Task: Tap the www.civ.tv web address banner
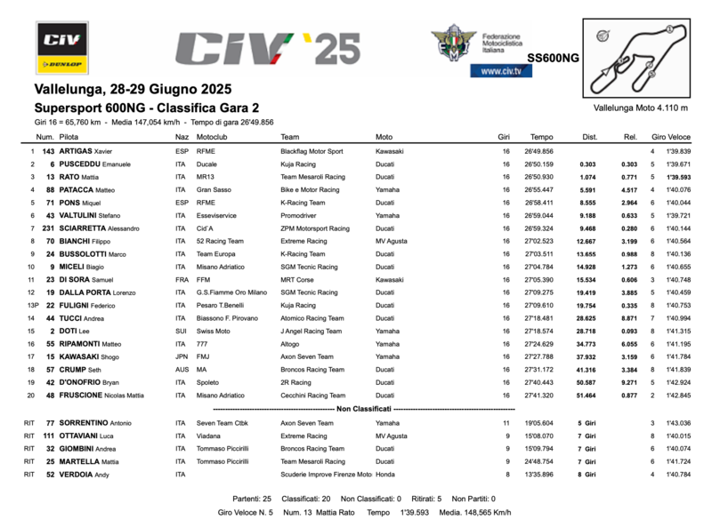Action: click(495, 70)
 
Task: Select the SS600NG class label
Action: click(553, 58)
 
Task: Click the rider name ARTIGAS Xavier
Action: click(85, 151)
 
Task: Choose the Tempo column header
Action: click(541, 137)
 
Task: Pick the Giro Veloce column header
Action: click(671, 137)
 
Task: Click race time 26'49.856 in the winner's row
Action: click(540, 151)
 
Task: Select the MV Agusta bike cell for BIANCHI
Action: click(392, 240)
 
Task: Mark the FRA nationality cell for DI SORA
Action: click(182, 279)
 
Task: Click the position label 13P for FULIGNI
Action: click(33, 305)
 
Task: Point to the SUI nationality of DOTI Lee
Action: click(182, 331)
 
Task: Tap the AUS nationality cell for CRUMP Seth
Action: click(182, 369)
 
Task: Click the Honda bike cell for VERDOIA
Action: click(385, 474)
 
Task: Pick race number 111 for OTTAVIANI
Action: click(48, 436)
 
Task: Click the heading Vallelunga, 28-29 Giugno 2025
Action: click(133, 89)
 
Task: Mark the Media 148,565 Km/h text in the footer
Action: click(476, 512)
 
